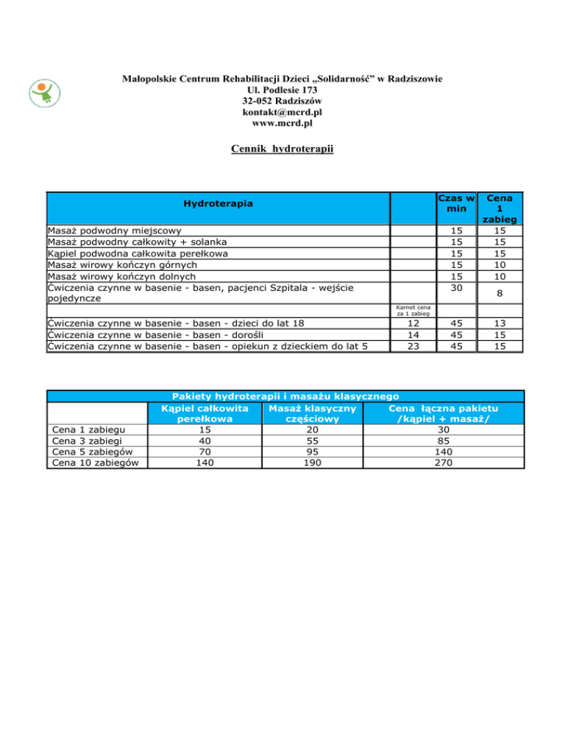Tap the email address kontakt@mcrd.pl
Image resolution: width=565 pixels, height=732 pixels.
[x=282, y=112]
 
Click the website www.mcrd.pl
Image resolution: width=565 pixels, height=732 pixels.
[x=282, y=124]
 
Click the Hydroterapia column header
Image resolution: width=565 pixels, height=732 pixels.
[x=218, y=202]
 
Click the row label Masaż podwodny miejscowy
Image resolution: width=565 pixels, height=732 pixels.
[x=114, y=230]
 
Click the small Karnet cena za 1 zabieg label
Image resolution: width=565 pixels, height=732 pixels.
[x=412, y=311]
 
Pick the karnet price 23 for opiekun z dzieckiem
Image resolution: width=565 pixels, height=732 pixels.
[x=412, y=347]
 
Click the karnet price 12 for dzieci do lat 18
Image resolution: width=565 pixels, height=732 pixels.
[x=412, y=323]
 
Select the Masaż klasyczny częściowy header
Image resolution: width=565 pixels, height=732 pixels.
[x=313, y=413]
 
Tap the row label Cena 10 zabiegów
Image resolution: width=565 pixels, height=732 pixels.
[x=96, y=462]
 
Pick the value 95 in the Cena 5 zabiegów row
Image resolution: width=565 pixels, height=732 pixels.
[x=313, y=451]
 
